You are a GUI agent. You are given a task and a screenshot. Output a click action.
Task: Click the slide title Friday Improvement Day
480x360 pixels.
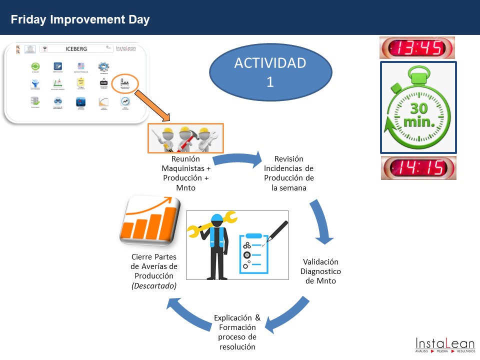[x=80, y=20]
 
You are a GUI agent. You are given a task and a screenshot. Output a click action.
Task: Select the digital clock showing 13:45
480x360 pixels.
[x=417, y=48]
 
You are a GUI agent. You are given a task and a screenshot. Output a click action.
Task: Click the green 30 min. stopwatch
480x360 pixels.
[x=418, y=107]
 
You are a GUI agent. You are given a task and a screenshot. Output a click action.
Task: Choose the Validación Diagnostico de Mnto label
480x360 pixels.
[x=320, y=271]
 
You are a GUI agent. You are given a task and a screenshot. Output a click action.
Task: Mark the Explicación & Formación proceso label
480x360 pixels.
[x=237, y=332]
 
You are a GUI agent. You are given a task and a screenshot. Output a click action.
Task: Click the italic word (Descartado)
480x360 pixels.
[x=153, y=286]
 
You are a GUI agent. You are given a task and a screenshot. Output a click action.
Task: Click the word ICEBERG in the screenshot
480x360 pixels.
[x=75, y=49]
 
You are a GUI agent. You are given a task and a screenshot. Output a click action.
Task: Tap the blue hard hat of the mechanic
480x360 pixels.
[x=216, y=219]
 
